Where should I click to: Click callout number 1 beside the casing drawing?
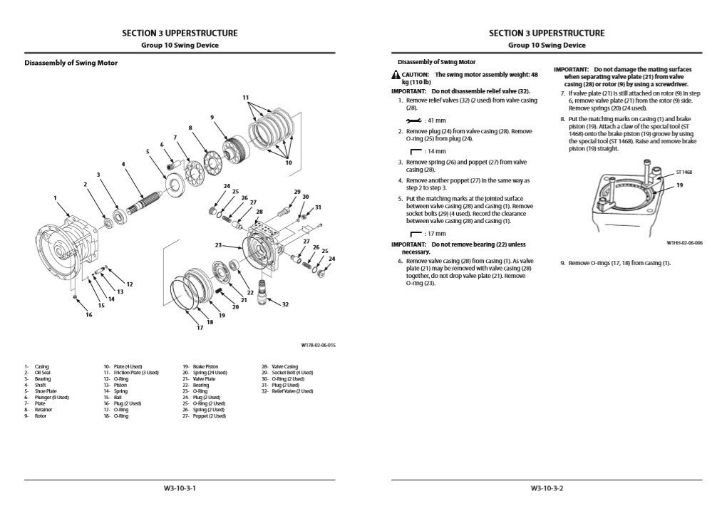pos(55,197)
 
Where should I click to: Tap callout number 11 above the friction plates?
pos(245,97)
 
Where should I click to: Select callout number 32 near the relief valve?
pos(285,304)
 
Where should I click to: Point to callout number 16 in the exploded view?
pos(88,314)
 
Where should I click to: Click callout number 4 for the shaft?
pos(123,164)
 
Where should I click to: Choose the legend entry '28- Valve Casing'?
pos(279,366)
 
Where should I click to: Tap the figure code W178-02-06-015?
pos(318,345)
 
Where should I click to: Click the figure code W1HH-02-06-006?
pos(684,242)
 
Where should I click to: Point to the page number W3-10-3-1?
pos(180,489)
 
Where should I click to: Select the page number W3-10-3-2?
pos(547,489)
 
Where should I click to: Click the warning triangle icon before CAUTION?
pos(396,74)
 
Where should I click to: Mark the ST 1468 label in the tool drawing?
pos(684,172)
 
